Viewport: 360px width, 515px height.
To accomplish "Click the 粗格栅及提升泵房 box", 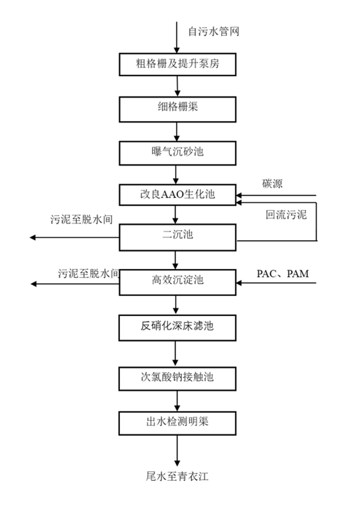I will coord(177,64).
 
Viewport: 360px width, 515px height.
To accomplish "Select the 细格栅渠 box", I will coord(177,107).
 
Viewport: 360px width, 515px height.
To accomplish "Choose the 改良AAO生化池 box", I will coord(177,195).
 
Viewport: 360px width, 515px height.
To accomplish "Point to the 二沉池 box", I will coord(177,237).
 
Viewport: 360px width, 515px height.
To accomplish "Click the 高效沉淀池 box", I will coord(177,281).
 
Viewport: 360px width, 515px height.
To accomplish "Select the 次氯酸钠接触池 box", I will coord(177,378).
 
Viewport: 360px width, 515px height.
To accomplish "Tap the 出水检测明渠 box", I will coord(177,420).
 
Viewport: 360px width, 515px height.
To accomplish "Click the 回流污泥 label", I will coord(286,215).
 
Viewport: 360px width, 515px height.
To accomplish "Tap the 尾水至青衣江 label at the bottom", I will coord(178,477).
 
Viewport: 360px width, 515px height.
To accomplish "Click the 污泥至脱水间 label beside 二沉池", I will coord(82,220).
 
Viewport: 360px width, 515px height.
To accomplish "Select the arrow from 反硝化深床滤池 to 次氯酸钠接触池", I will coord(177,351).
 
